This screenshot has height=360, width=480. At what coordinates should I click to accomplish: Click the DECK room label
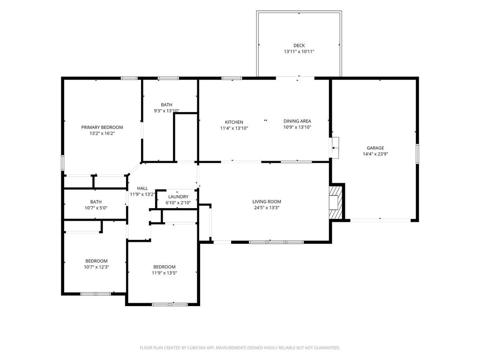299,45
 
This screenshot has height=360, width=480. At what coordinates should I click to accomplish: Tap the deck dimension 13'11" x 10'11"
299,52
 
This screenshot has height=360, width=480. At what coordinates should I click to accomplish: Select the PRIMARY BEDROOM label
102,127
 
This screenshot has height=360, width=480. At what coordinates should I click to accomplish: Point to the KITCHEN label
234,122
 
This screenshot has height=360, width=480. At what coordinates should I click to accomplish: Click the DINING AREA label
297,121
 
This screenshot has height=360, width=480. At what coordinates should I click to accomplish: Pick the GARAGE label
375,148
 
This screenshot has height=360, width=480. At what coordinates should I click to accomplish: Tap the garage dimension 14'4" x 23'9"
375,154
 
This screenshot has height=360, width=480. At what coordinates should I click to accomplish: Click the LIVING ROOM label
267,202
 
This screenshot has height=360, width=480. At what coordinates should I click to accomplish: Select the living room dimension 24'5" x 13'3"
267,208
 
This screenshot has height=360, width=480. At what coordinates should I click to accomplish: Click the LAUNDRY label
178,196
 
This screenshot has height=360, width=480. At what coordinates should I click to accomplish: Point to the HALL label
142,188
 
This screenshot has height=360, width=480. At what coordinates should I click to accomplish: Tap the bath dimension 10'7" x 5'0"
96,208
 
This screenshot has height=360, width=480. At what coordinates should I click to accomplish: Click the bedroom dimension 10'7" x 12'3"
97,267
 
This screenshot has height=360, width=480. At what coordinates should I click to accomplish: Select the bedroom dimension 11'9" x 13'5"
165,273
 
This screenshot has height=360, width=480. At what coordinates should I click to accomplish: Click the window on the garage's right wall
417,154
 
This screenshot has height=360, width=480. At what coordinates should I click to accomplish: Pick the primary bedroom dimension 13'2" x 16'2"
102,134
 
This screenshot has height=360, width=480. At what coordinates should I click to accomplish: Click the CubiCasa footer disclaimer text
240,348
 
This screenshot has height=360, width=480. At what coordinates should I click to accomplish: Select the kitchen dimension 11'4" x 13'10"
234,128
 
